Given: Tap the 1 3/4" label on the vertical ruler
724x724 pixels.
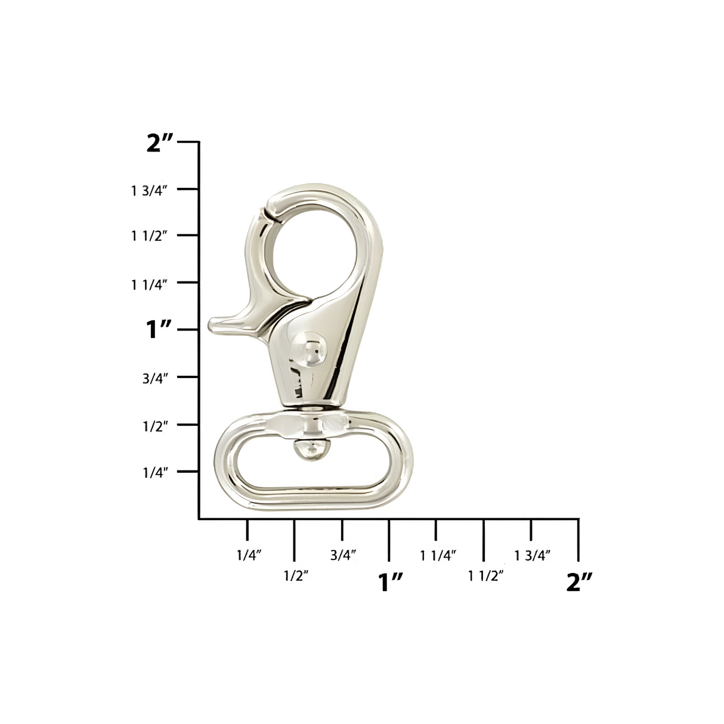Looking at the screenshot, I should click(148, 191).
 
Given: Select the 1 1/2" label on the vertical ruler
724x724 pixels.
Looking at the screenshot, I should click(148, 236).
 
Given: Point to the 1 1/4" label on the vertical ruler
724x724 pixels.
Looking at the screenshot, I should click(148, 284).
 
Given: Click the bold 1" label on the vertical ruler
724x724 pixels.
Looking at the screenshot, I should click(159, 329).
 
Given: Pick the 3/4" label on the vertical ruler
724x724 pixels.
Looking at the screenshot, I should click(156, 378).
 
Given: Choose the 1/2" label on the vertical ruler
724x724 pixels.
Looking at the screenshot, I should click(156, 425).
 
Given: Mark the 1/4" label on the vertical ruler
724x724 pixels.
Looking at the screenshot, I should click(156, 472).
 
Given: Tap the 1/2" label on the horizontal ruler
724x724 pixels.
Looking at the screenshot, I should click(296, 576).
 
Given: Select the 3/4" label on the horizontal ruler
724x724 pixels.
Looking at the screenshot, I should click(343, 555).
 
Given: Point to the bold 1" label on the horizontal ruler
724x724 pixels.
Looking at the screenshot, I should click(391, 582).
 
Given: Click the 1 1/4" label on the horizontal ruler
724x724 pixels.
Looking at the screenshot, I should click(438, 555).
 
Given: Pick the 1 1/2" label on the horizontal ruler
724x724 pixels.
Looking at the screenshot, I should click(486, 576).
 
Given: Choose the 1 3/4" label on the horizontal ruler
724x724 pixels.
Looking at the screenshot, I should click(532, 555).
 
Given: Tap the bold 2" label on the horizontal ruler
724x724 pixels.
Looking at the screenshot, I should click(579, 582).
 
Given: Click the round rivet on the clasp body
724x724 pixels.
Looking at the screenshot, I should click(309, 348).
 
